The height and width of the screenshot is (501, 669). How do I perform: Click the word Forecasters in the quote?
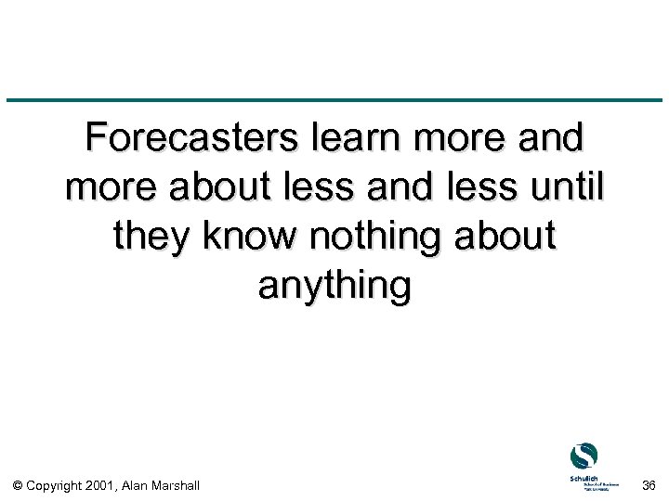coord(184,138)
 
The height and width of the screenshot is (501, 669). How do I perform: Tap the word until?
coord(559,187)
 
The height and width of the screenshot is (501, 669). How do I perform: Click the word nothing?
coord(377,237)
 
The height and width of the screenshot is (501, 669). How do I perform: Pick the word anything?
coord(334,286)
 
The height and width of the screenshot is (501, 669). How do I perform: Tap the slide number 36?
coord(649,484)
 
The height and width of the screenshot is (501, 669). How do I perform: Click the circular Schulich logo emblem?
coord(584,456)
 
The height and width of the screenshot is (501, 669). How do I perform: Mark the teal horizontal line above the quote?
coord(334,99)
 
